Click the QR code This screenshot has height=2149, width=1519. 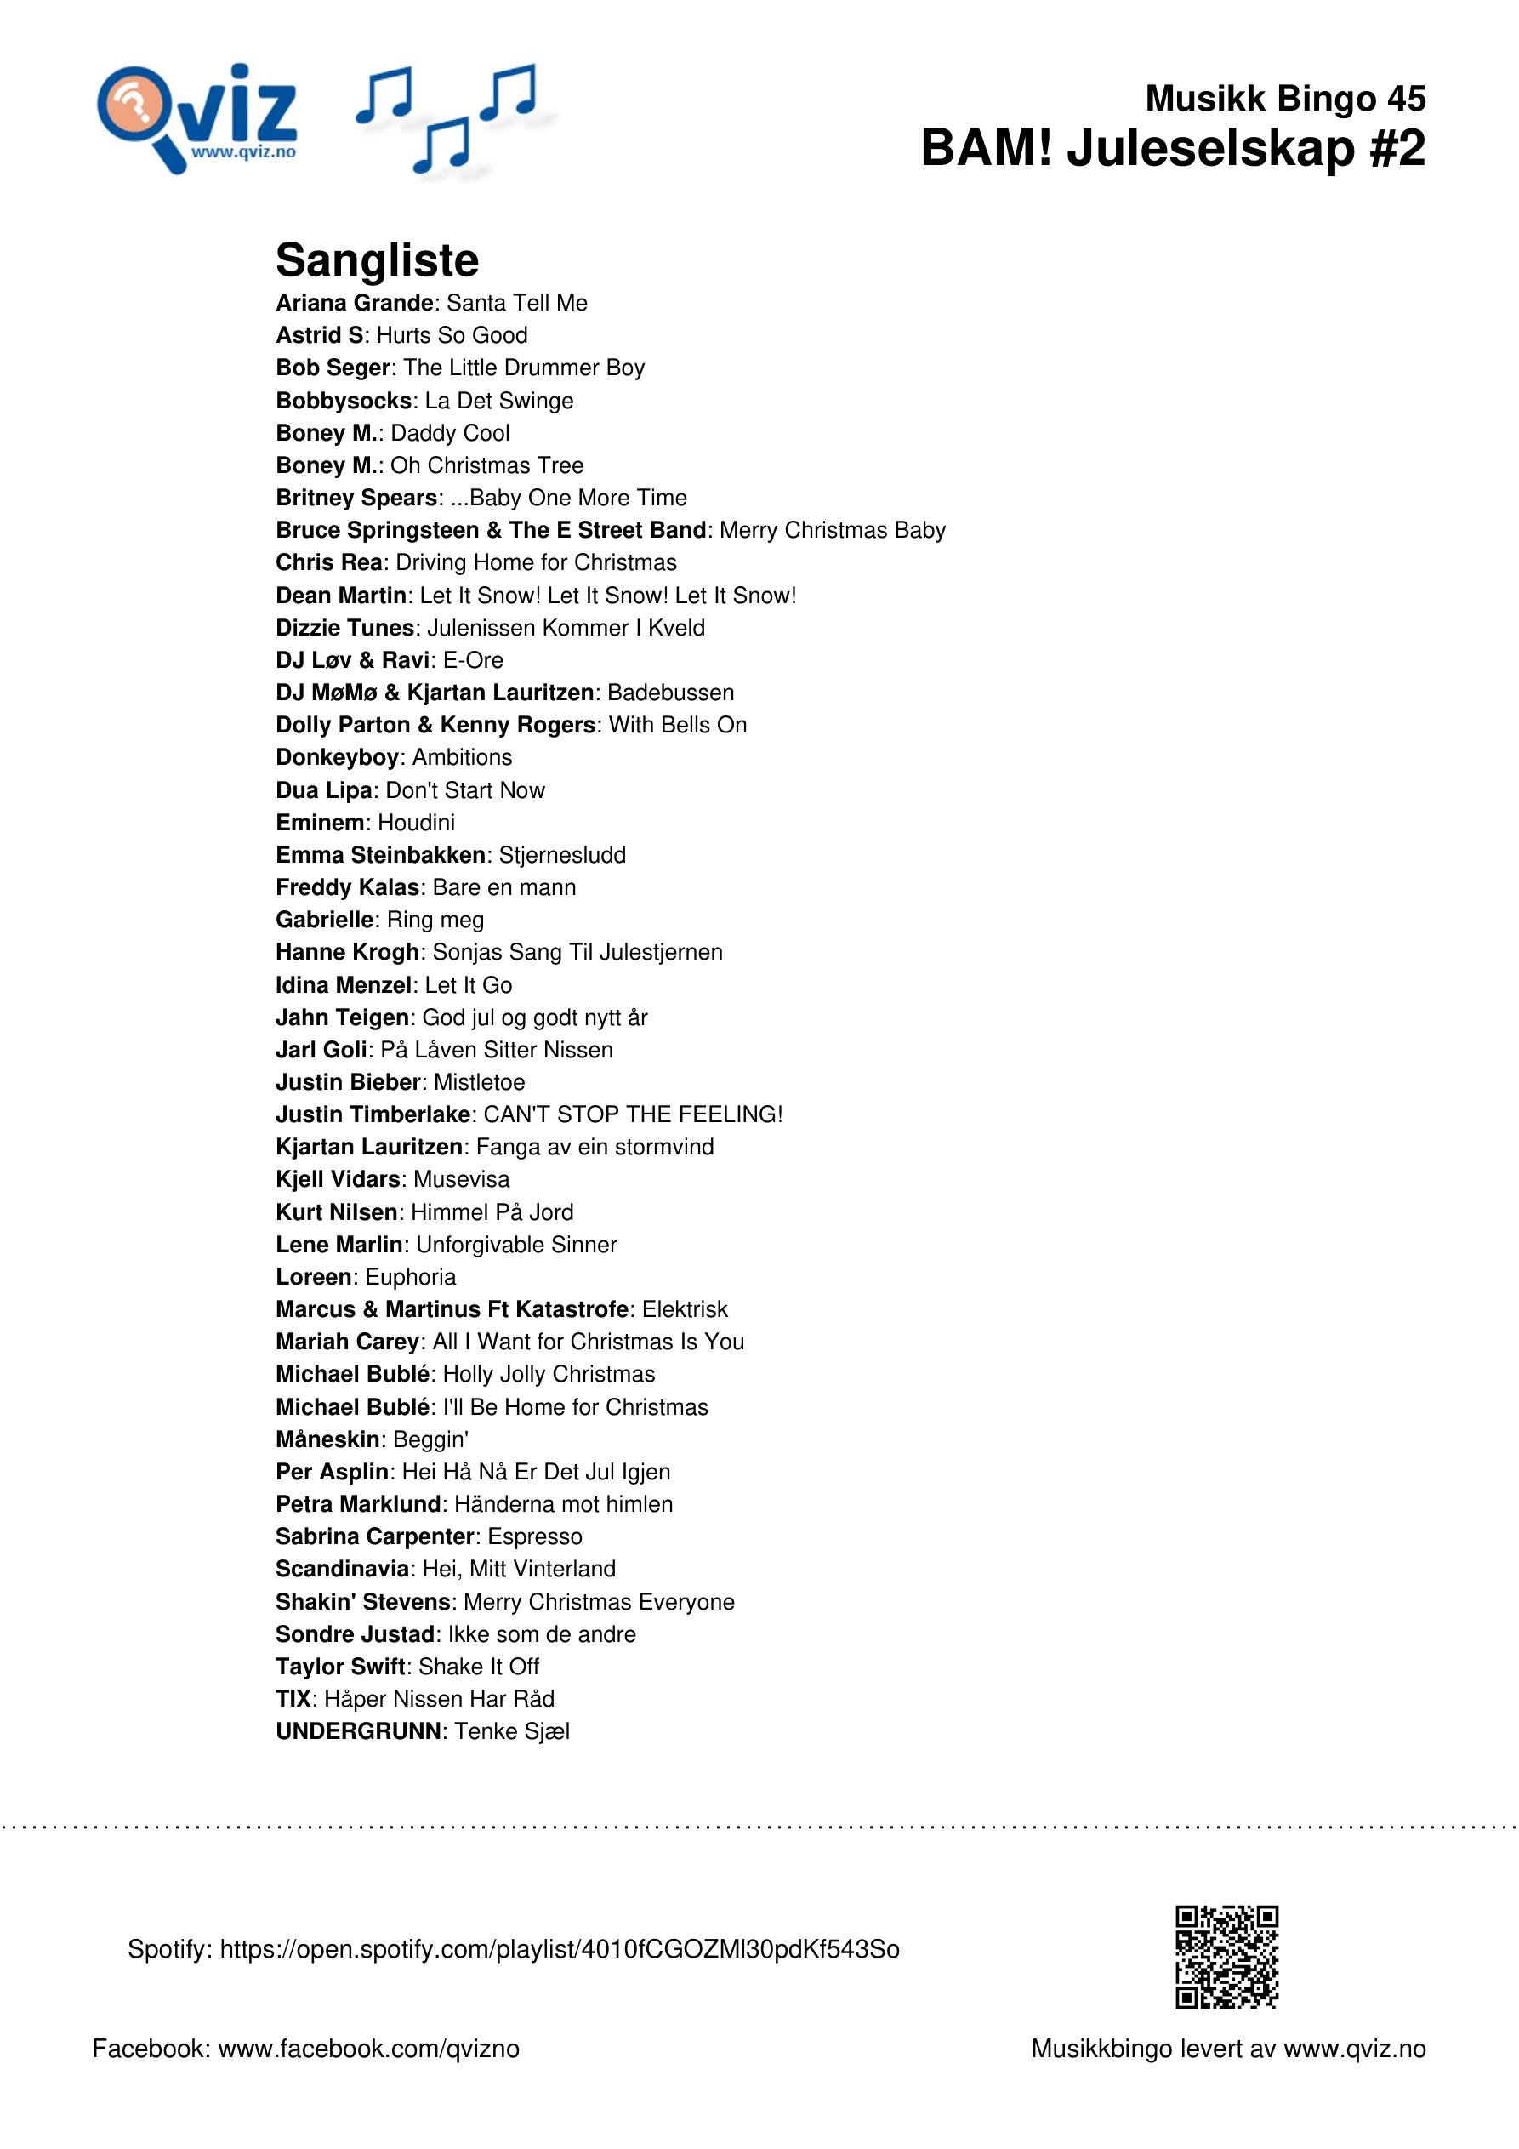1226,1956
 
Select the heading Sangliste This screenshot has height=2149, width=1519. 377,260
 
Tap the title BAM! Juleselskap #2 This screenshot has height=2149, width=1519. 1173,149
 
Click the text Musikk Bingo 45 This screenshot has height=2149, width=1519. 1285,99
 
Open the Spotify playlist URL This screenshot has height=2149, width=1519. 560,1949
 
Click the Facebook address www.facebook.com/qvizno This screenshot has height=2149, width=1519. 369,2048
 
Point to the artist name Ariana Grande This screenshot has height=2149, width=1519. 355,303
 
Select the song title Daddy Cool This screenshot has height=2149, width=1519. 450,433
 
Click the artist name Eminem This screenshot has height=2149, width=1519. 320,823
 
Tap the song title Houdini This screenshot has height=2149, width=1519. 417,823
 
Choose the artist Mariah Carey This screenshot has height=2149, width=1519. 347,1342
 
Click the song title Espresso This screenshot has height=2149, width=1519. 535,1536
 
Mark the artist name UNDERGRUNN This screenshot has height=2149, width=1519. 358,1730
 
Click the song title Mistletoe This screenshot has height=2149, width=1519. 479,1082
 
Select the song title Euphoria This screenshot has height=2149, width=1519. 411,1277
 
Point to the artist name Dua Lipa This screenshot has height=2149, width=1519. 324,790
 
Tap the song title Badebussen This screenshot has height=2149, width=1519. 671,693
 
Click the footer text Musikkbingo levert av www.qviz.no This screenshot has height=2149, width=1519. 1228,2048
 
